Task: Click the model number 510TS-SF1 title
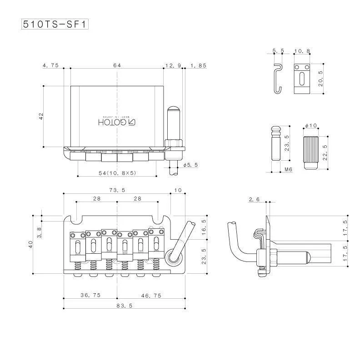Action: point(55,24)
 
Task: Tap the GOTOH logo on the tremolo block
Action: point(117,122)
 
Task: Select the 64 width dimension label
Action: point(117,65)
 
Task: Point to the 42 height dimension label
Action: point(41,116)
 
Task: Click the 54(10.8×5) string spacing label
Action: point(117,173)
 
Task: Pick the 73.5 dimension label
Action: point(117,190)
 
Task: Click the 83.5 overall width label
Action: point(125,306)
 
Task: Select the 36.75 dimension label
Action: point(90,295)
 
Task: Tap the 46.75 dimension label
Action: point(151,296)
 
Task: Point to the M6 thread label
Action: point(288,169)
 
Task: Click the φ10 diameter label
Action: point(311,126)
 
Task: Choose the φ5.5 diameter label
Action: point(190,165)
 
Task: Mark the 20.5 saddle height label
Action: point(320,79)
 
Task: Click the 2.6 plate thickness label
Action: point(254,199)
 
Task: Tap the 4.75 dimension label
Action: point(50,65)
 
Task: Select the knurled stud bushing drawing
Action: point(311,153)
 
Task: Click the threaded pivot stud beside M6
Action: point(276,143)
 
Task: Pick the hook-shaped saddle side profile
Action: point(278,79)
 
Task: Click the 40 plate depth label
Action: point(30,244)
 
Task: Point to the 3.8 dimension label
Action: point(39,232)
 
